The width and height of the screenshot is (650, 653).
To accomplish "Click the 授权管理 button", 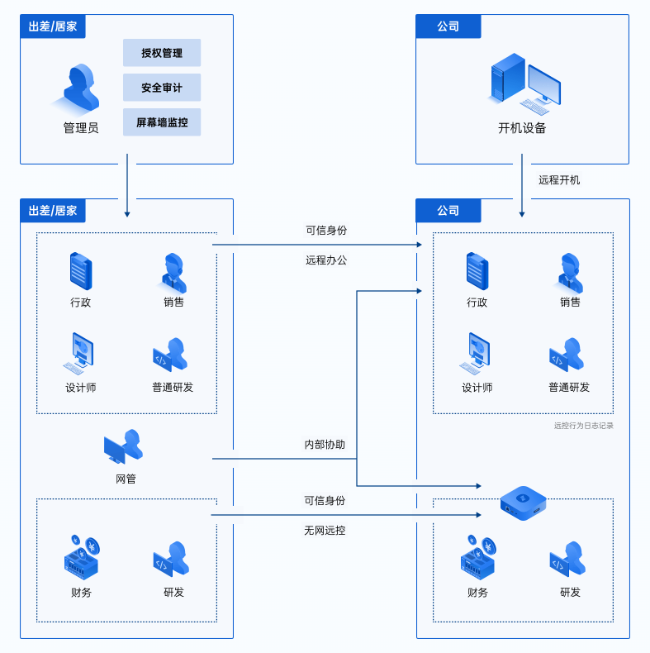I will [x=162, y=53].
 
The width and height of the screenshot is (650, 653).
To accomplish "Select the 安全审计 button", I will [x=162, y=88].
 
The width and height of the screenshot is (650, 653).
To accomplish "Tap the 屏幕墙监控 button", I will [x=162, y=122].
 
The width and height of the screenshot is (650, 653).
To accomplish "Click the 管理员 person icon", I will [x=81, y=88].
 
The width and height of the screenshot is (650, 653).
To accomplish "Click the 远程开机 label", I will [x=559, y=179].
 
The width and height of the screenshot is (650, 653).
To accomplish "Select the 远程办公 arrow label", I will [x=326, y=260].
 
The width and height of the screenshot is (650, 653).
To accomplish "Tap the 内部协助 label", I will [x=325, y=445].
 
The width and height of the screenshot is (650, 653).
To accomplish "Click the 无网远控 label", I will [x=325, y=531].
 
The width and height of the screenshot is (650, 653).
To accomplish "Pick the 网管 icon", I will [x=124, y=447].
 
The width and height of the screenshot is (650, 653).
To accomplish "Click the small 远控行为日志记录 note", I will [x=583, y=426].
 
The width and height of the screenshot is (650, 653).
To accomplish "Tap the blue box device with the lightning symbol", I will [x=523, y=502].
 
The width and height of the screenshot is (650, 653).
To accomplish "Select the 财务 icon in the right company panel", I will [x=478, y=556].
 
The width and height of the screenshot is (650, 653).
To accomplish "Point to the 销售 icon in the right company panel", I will [x=570, y=273].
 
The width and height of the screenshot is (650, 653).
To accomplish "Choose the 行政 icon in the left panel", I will [x=81, y=271].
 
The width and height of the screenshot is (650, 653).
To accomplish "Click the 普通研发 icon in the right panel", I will [x=568, y=355].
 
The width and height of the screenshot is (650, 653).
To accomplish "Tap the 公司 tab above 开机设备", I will [x=448, y=26].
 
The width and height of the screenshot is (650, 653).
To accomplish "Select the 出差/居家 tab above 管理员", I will [x=53, y=26].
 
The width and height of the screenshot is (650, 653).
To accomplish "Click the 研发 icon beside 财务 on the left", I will [x=173, y=560].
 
